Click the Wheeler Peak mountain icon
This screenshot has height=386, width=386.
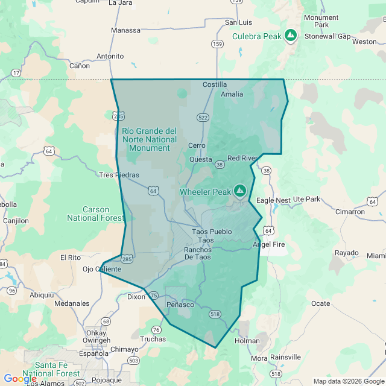coord(240,191)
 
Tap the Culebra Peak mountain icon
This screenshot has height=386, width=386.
coord(291,36)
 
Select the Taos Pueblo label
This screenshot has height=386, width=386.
coord(212,231)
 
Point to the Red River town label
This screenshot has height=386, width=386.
coord(242,158)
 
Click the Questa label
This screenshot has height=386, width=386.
coord(200,159)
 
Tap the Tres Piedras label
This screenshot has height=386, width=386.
coord(119,175)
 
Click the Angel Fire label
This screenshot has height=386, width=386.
coord(268,244)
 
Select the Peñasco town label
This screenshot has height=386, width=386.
coord(180,305)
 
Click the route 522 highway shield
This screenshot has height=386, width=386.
coord(203,117)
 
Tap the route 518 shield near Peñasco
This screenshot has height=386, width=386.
coord(215,314)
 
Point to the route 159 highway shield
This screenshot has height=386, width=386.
coord(217,43)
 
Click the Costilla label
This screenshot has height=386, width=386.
coord(215,84)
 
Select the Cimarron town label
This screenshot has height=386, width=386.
coord(350,212)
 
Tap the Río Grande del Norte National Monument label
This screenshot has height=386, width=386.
coord(150,139)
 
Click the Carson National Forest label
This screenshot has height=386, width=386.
coord(96,214)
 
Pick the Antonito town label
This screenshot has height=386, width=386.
coord(110,56)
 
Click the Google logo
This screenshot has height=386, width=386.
coord(20,378)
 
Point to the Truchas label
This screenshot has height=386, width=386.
coord(153,339)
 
